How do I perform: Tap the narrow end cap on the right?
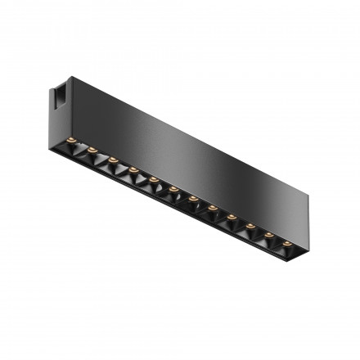coord(301,214)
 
